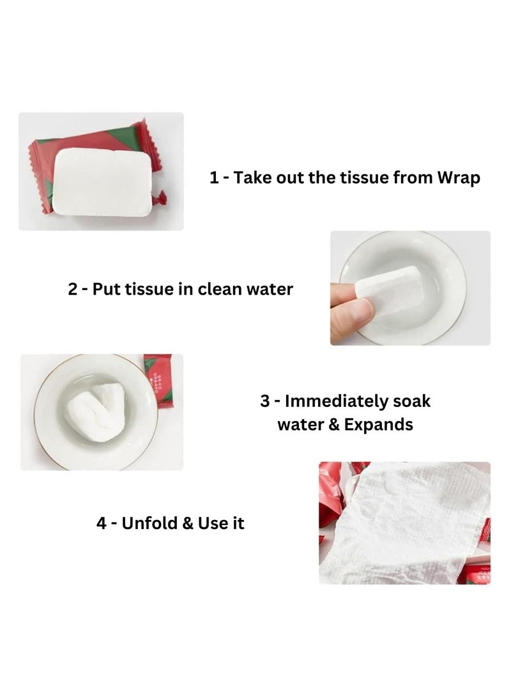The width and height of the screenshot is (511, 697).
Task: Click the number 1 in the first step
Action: [x=215, y=178]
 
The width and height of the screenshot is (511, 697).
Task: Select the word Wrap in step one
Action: [x=458, y=178]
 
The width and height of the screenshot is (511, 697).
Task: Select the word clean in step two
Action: [x=222, y=289]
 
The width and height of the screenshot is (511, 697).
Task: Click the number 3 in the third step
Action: [x=266, y=402]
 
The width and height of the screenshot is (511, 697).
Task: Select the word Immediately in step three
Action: [x=336, y=402]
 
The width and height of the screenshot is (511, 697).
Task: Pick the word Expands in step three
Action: [x=381, y=424]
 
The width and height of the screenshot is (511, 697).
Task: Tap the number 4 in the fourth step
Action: [x=102, y=523]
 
